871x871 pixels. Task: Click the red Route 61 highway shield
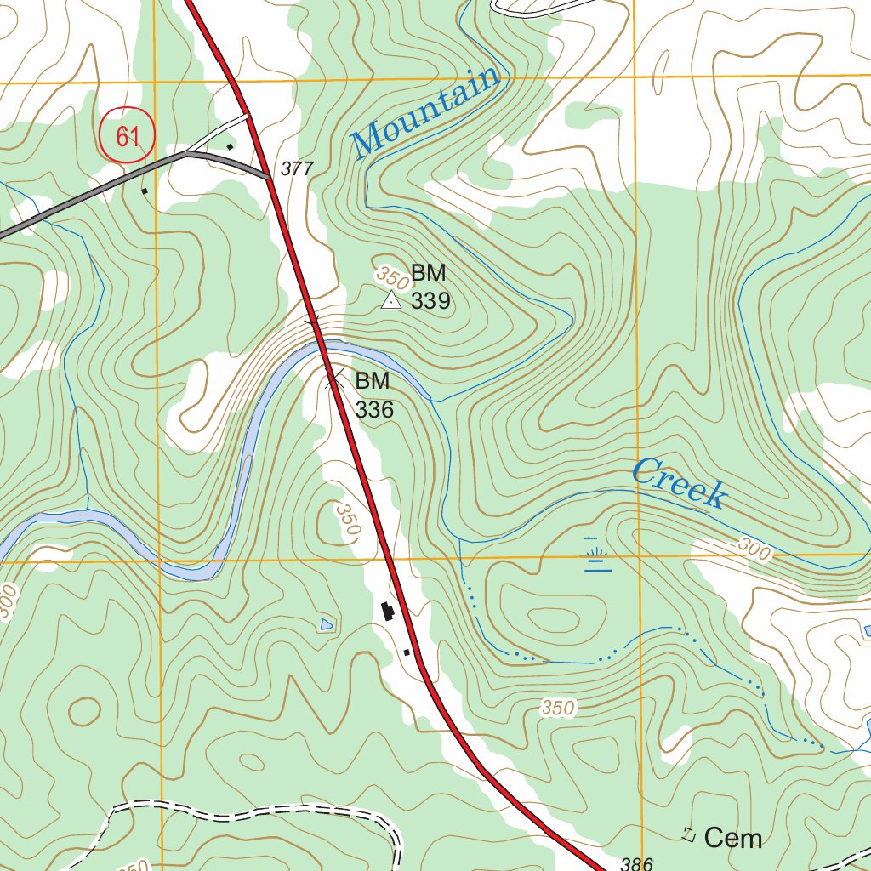click(128, 135)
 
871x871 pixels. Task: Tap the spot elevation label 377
click(297, 169)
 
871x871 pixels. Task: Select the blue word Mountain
click(426, 111)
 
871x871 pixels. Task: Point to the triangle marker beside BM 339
click(390, 299)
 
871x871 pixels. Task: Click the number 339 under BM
click(430, 302)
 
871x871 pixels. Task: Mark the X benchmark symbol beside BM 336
click(333, 379)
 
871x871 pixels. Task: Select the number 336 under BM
click(374, 410)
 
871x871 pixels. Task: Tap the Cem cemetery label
click(733, 838)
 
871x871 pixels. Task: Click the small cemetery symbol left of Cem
click(689, 835)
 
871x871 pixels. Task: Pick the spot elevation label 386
click(636, 864)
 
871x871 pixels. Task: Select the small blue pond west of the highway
click(326, 625)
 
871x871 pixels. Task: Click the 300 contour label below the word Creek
click(754, 552)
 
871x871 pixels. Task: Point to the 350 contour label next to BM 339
click(391, 276)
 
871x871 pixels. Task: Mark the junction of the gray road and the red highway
click(269, 177)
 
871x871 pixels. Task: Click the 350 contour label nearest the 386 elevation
click(557, 708)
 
